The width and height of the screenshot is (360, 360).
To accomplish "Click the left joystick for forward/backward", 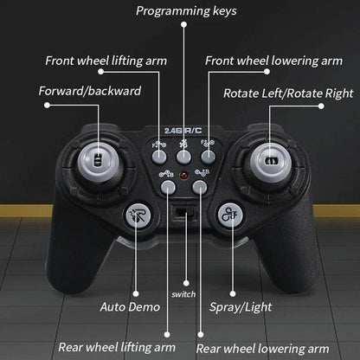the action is [98, 161].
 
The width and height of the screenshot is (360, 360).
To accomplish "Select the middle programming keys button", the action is [183, 157].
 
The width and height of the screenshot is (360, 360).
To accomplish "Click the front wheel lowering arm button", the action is [208, 157].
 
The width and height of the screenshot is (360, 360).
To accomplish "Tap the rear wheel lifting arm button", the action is [168, 187].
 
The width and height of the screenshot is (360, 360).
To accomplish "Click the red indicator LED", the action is [183, 176].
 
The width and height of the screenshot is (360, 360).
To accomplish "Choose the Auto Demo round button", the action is [138, 216].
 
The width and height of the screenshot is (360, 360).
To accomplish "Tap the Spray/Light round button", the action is [230, 215].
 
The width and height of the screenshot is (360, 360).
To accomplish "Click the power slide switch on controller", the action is [185, 214].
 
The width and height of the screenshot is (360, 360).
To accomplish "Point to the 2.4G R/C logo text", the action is [183, 131].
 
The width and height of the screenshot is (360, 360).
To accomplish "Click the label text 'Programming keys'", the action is [186, 11].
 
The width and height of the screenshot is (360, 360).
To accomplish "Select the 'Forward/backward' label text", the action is [90, 91].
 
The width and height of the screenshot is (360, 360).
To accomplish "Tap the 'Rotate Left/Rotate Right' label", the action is [288, 93].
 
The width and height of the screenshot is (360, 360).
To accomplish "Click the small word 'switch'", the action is [183, 294].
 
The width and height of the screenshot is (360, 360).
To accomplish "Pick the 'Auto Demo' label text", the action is [130, 307].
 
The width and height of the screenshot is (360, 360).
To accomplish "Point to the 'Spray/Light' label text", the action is [241, 307].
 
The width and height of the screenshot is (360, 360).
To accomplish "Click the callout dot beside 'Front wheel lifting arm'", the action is [100, 72].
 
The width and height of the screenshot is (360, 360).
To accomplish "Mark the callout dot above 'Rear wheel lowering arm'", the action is [201, 335].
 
